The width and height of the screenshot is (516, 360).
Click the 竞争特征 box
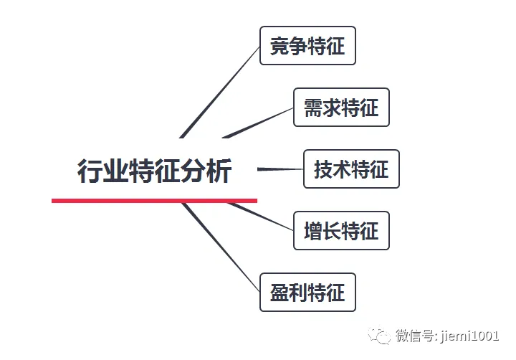[x=307, y=46]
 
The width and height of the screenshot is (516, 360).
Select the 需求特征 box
[x=341, y=108]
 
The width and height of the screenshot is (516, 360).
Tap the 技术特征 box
[x=351, y=169]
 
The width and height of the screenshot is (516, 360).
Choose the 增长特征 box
[x=341, y=231]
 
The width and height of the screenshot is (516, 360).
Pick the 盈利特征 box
[x=307, y=293]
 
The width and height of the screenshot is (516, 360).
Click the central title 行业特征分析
[x=154, y=171]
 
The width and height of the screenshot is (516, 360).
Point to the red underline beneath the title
[x=154, y=200]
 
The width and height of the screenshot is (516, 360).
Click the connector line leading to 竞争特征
[x=219, y=93]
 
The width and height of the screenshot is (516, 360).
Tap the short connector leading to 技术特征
[x=279, y=169]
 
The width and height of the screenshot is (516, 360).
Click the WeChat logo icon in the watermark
[x=379, y=336]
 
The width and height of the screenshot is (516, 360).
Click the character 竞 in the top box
[x=279, y=46]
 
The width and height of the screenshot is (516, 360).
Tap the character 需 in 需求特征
[x=313, y=108]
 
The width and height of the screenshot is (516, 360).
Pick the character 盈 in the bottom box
[x=279, y=293]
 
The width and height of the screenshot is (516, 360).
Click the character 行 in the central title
[x=89, y=171]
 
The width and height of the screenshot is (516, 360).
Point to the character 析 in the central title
[x=219, y=171]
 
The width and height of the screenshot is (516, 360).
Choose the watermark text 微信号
[x=412, y=336]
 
